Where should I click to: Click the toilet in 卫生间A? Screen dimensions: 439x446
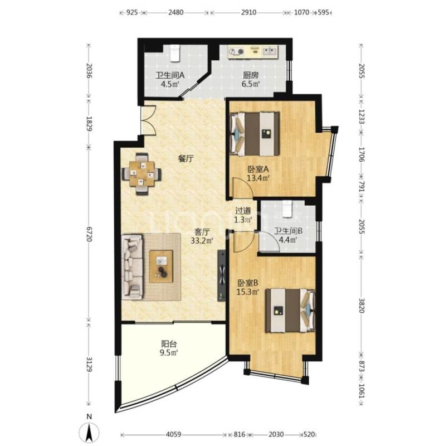(x=175, y=53)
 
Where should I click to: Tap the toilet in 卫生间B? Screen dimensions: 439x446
(x=287, y=209)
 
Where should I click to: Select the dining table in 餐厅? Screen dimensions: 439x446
(x=142, y=173)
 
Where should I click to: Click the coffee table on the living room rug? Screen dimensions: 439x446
(x=161, y=266)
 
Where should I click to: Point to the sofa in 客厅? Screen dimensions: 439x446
(x=132, y=267)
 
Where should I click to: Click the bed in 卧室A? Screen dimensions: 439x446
(x=255, y=134)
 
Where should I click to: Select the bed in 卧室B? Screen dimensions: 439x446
(x=290, y=311)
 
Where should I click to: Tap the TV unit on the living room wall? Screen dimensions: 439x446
(x=222, y=275)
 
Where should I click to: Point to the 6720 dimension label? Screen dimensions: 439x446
(x=89, y=234)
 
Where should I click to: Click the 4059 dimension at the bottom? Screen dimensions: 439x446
(x=173, y=434)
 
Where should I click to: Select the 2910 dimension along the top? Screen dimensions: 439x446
(x=248, y=12)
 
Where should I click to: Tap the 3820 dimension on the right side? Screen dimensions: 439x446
(x=362, y=306)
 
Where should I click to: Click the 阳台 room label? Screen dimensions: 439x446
(x=169, y=344)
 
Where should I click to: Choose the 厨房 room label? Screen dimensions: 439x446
(x=251, y=75)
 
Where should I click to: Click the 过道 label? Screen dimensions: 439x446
(x=243, y=211)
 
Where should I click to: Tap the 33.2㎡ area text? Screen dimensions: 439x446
(x=202, y=241)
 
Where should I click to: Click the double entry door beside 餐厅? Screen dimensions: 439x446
(x=148, y=120)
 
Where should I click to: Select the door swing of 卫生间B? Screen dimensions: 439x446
(x=269, y=241)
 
